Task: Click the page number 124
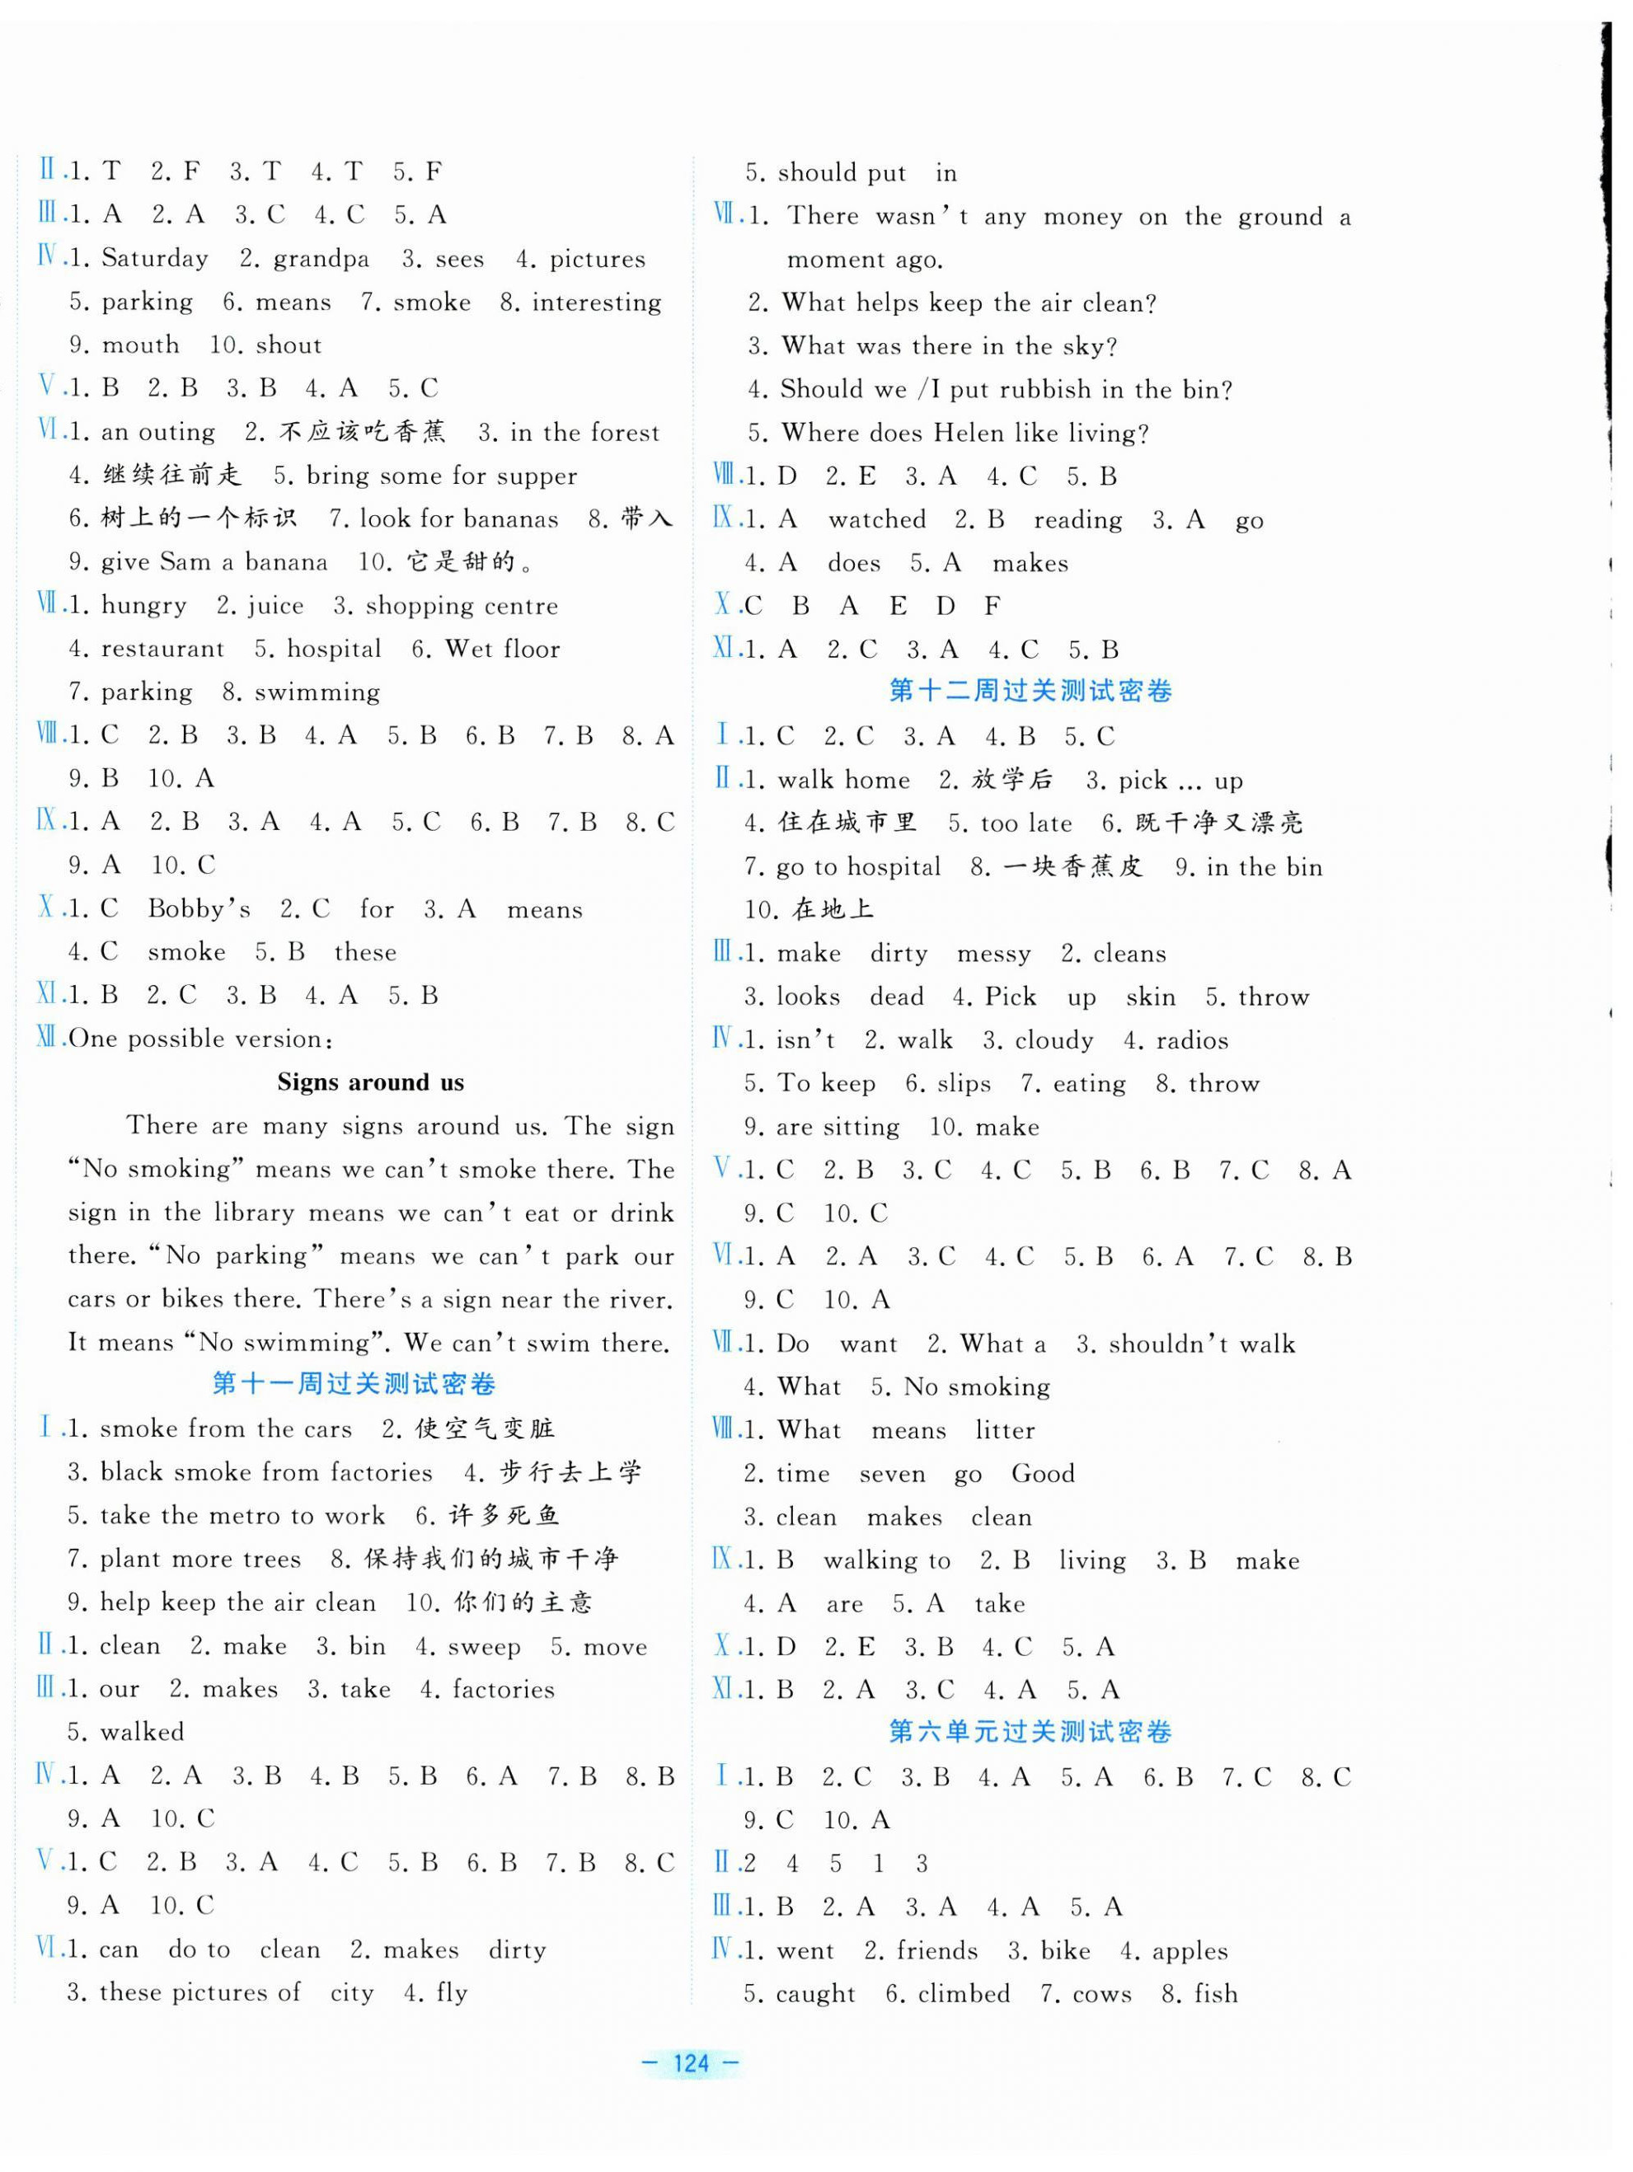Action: pyautogui.click(x=692, y=2063)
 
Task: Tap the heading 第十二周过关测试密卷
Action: pyautogui.click(x=1031, y=692)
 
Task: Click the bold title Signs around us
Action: pyautogui.click(x=370, y=1082)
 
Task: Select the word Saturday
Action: pyautogui.click(x=155, y=258)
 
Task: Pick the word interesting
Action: pyautogui.click(x=596, y=303)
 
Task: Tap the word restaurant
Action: pyautogui.click(x=162, y=649)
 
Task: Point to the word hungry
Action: pyautogui.click(x=143, y=606)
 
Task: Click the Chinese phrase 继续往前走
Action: pyautogui.click(x=171, y=476)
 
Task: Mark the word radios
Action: pyautogui.click(x=1191, y=1041)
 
